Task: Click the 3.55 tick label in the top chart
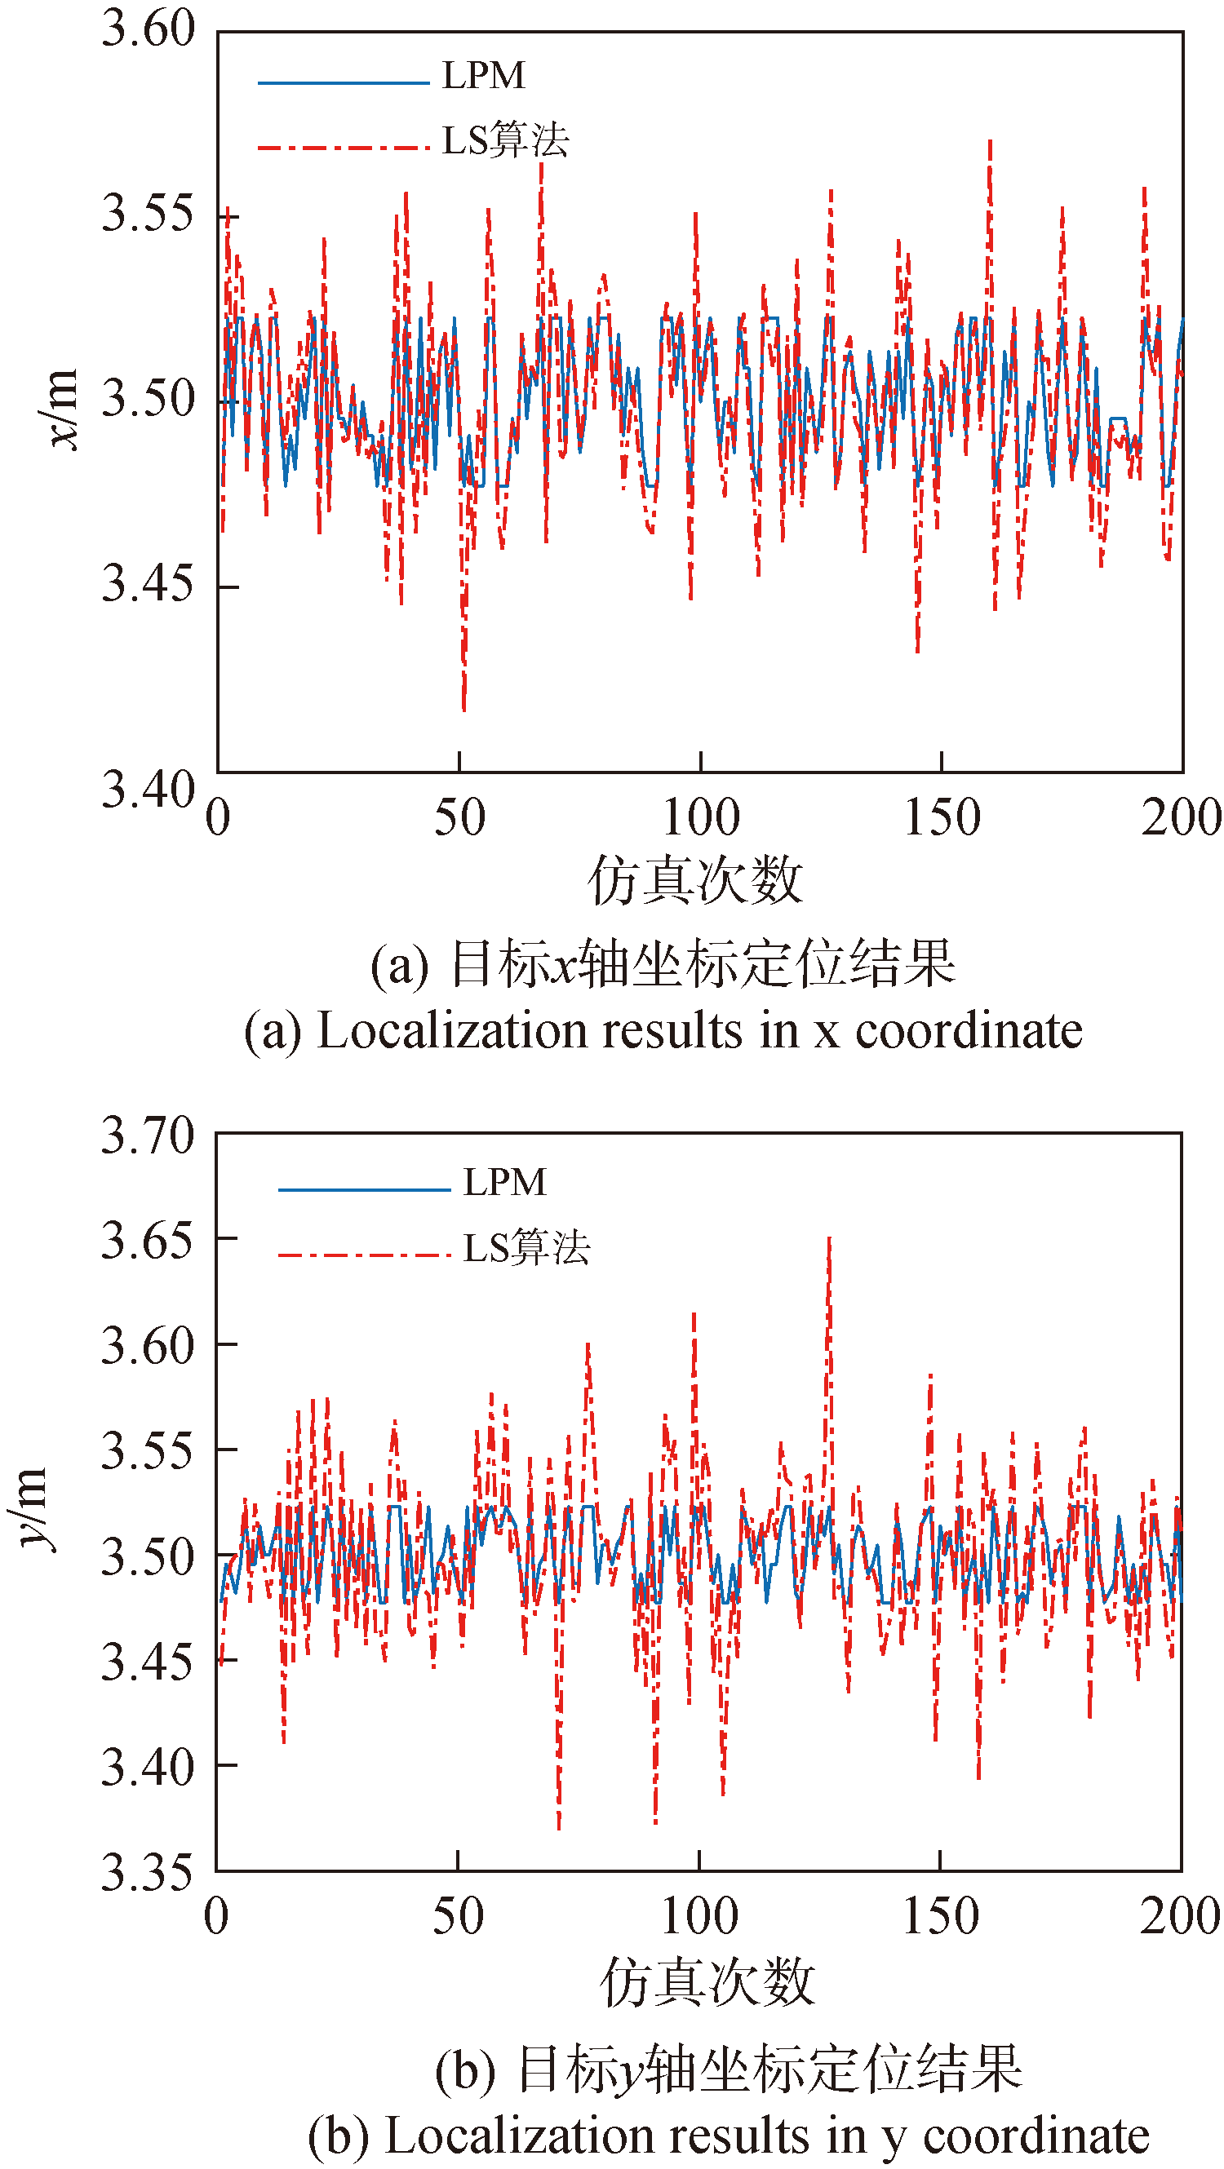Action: click(x=148, y=213)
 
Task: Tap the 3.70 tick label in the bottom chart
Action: click(x=148, y=1135)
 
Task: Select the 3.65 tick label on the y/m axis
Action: click(x=148, y=1240)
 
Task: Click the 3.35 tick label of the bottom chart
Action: click(x=148, y=1874)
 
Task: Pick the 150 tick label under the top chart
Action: click(x=942, y=817)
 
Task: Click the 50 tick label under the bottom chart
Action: click(x=459, y=1916)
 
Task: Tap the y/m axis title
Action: click(x=33, y=1509)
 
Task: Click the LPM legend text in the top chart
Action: click(x=484, y=76)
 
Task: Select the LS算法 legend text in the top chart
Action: click(x=505, y=140)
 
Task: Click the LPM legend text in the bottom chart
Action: click(x=504, y=1182)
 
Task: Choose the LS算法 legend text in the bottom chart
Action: click(x=526, y=1248)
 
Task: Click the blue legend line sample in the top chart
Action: click(x=343, y=82)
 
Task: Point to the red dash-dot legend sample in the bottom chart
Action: click(x=364, y=1255)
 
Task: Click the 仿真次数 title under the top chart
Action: click(x=695, y=881)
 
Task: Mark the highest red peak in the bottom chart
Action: click(x=829, y=1239)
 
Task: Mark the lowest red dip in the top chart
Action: click(x=463, y=709)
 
